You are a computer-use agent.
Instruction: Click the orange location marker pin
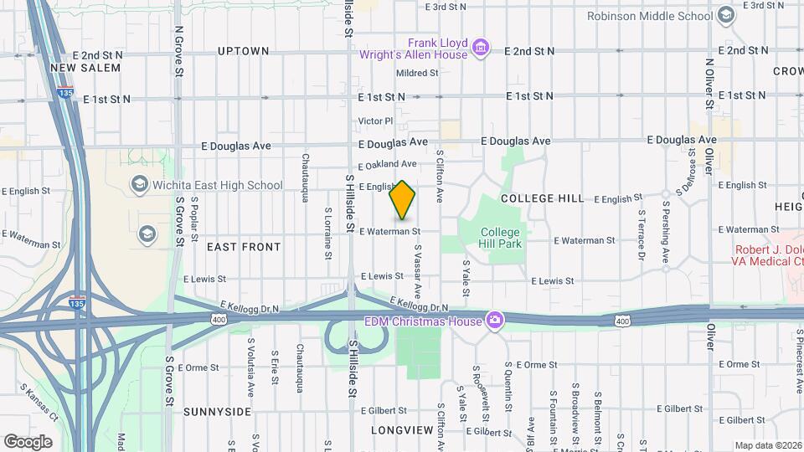tap(403, 201)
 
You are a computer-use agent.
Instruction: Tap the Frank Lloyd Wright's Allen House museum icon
tap(481, 48)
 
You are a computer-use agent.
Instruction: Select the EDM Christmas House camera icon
tap(496, 321)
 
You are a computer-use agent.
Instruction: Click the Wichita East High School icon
tap(139, 184)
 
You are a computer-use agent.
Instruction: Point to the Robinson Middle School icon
tap(725, 15)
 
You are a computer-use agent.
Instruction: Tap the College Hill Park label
tap(501, 238)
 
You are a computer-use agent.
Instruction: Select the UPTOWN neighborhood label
tap(244, 51)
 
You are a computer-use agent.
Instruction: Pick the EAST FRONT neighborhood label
tap(244, 247)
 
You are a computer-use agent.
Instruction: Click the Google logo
tap(28, 441)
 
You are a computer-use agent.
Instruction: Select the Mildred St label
tap(417, 74)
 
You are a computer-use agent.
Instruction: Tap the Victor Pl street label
tap(374, 121)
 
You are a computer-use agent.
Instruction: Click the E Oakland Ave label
tap(387, 164)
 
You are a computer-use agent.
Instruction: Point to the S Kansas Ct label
tap(39, 403)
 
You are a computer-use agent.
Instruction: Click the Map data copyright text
tap(768, 445)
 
